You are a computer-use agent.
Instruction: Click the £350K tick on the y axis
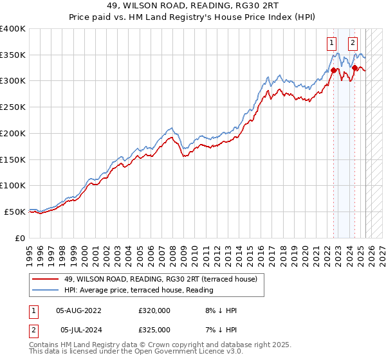[x=13, y=55]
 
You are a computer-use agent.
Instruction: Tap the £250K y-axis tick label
[x=13, y=107]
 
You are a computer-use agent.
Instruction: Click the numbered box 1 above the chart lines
[x=331, y=44]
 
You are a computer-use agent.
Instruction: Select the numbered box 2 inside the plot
[x=353, y=44]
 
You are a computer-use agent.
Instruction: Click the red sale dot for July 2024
[x=354, y=67]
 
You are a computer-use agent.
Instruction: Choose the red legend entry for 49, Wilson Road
[x=161, y=279]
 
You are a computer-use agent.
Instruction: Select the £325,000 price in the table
[x=154, y=330]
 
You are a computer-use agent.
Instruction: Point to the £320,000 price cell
[x=154, y=310]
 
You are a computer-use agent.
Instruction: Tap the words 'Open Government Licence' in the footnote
[x=186, y=352]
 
